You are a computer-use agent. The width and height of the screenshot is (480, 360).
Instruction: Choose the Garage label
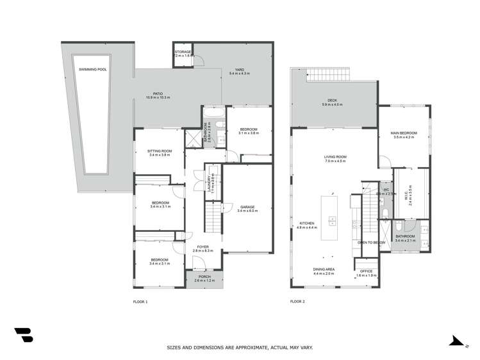point(247,208)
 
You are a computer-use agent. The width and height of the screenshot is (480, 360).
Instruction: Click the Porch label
point(203,278)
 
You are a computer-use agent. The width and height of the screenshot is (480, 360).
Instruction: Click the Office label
point(366,272)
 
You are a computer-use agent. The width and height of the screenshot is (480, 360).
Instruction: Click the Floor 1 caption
point(140,301)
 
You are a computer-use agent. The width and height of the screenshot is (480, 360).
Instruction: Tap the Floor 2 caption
point(297,301)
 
